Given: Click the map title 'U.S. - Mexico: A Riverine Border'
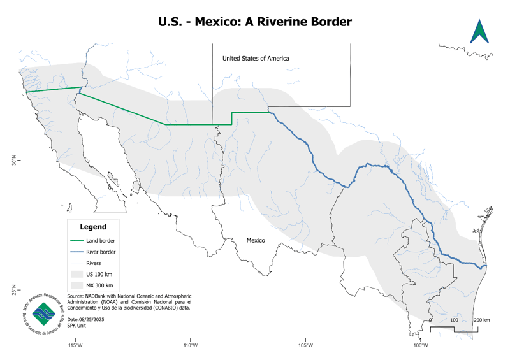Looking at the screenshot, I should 255,22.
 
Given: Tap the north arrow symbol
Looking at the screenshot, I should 479,32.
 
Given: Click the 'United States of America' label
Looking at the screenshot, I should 256,59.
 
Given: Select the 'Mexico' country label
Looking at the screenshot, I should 256,240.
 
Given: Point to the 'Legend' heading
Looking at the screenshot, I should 93,227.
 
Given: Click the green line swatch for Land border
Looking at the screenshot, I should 76,241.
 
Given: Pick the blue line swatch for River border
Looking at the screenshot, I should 76,252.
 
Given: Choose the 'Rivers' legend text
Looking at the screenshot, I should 94,263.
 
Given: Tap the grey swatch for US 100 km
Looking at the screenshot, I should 76,273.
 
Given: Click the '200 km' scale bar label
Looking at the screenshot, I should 482,319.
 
